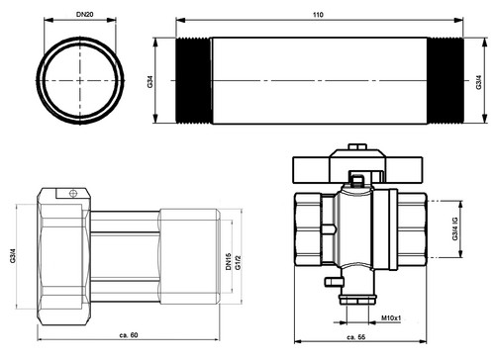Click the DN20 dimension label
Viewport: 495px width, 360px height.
85,14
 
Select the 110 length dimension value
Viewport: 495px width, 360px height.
318,15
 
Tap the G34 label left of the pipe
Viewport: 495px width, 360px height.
150,81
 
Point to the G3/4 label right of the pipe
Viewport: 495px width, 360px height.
479,82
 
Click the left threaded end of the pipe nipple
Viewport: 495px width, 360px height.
194,81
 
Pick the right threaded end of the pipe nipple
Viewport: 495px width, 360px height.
445,81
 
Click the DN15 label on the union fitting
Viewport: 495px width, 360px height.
229,262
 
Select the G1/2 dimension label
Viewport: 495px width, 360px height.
239,262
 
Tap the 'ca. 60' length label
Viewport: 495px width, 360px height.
129,335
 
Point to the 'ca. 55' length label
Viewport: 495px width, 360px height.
356,337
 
